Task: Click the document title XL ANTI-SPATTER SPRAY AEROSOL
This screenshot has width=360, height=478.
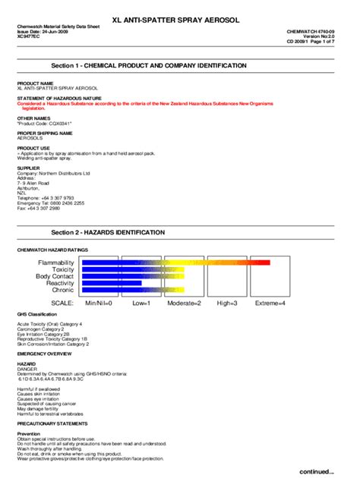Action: click(x=180, y=17)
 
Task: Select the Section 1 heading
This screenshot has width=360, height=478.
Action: click(x=149, y=66)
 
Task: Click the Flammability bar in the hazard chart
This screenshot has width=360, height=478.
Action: click(x=175, y=263)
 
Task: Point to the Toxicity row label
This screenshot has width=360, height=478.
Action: click(x=63, y=269)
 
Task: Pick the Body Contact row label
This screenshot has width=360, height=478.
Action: click(x=55, y=276)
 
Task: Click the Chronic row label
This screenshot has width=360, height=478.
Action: click(x=62, y=290)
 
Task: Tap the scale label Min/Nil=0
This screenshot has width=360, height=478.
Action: click(x=99, y=303)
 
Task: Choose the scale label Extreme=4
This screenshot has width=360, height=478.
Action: click(x=270, y=303)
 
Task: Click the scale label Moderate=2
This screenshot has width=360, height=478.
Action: click(x=184, y=303)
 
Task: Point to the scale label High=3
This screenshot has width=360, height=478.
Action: click(x=227, y=303)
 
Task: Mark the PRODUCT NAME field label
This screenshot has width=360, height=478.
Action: click(x=35, y=83)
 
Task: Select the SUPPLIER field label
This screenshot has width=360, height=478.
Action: click(x=28, y=168)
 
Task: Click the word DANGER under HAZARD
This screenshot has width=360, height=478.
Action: click(x=27, y=369)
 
